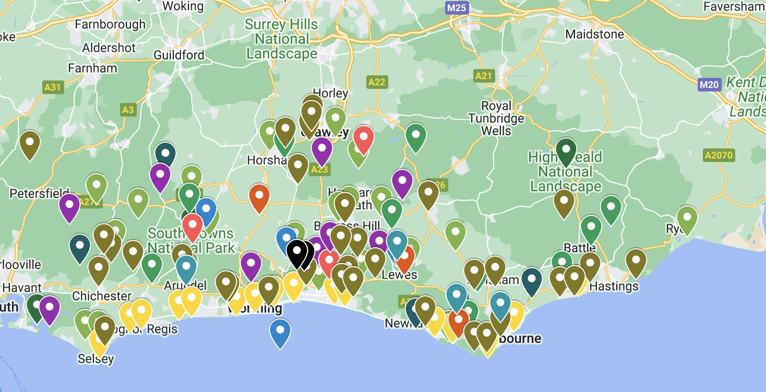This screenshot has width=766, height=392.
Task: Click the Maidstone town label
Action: click(594, 34)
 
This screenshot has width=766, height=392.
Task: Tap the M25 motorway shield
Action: click(457, 8)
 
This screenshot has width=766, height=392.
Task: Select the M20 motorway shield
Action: click(709, 84)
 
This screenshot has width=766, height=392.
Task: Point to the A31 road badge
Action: click(53, 87)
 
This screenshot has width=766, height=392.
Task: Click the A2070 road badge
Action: click(719, 155)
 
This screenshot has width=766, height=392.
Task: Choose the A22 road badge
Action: click(377, 82)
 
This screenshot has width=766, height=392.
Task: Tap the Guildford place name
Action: click(179, 55)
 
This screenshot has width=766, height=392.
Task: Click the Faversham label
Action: click(734, 7)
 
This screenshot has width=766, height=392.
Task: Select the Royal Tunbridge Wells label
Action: click(496, 118)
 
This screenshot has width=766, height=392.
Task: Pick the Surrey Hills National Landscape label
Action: click(281, 39)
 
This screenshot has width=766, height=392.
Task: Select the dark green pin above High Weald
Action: click(566, 150)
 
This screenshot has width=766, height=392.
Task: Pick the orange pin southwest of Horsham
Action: click(259, 197)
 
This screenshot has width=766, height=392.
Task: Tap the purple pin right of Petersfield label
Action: click(69, 206)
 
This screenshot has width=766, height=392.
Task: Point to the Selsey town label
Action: click(95, 359)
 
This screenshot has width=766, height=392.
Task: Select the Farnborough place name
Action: click(110, 25)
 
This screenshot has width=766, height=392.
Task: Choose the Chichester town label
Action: click(102, 296)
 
